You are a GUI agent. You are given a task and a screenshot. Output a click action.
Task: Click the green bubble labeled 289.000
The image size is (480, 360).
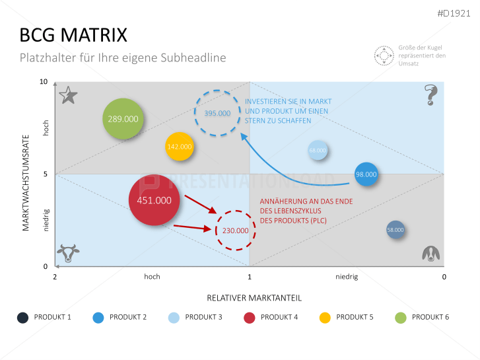[x=123, y=119]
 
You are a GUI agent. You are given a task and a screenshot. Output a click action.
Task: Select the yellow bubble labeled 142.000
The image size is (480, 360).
[x=180, y=147]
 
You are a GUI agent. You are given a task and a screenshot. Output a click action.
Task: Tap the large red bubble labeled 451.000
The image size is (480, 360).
[x=154, y=200]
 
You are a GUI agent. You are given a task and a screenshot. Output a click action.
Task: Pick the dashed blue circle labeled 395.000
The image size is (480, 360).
[x=217, y=113]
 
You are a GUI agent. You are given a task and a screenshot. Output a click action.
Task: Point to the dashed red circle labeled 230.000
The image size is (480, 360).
[x=235, y=231]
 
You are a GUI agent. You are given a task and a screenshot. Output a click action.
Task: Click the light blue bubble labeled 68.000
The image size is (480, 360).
[x=318, y=151]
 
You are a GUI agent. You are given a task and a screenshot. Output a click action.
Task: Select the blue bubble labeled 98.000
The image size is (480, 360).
[x=366, y=175]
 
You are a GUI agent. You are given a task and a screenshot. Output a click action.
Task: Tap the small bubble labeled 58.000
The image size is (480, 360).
[x=395, y=230]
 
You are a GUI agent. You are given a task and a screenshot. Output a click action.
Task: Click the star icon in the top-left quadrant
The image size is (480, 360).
[x=68, y=96]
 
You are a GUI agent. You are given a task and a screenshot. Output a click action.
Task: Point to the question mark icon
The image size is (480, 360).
[x=432, y=95]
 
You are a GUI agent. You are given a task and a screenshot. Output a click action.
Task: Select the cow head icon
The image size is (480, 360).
[x=68, y=253]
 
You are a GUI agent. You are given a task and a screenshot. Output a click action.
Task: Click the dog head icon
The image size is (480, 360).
[x=431, y=253]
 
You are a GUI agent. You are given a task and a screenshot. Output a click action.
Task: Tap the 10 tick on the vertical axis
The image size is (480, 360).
[x=44, y=82]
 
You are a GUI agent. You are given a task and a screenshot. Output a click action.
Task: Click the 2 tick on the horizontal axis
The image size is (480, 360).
[x=55, y=277]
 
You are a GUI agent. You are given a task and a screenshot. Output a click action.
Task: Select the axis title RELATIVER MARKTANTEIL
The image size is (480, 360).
[x=250, y=297]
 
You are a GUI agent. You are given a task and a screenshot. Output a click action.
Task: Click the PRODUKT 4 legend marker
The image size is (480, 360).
[x=250, y=317]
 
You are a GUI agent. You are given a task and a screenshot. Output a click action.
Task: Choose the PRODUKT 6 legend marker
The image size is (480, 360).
[x=401, y=317]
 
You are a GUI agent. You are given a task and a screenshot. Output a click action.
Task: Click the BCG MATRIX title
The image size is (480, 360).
[x=73, y=35]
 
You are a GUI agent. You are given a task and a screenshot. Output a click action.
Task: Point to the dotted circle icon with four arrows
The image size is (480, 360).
[x=384, y=55]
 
